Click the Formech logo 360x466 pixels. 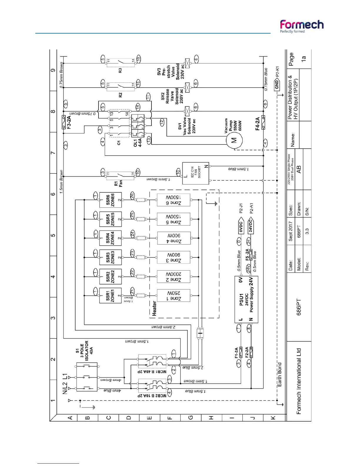[301, 26]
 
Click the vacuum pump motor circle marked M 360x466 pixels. [234, 140]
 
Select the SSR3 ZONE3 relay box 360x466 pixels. [111, 257]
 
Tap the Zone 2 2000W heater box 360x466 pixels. [174, 277]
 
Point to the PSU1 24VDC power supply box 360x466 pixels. [246, 299]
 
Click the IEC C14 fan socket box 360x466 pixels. [196, 173]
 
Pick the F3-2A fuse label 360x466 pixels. [69, 122]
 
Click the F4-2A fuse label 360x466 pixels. [257, 124]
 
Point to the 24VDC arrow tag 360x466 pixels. [251, 226]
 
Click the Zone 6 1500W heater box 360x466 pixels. [174, 200]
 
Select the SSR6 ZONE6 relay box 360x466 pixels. [111, 200]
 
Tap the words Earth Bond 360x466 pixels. [279, 375]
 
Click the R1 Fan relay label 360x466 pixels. [118, 184]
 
